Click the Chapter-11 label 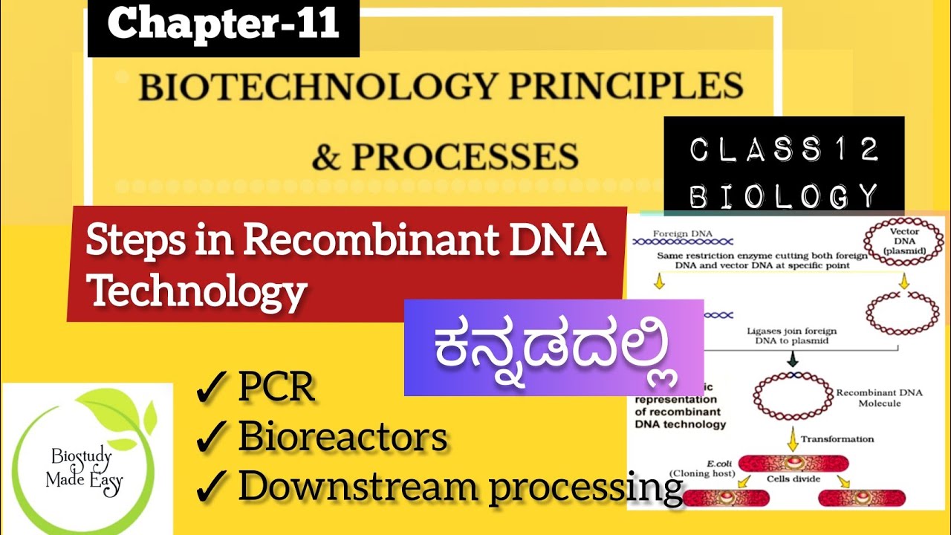[x=223, y=25]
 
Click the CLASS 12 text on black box [x=784, y=151]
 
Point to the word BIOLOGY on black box [x=784, y=196]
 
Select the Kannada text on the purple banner [x=554, y=349]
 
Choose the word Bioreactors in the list [x=343, y=438]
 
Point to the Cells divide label [x=792, y=479]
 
